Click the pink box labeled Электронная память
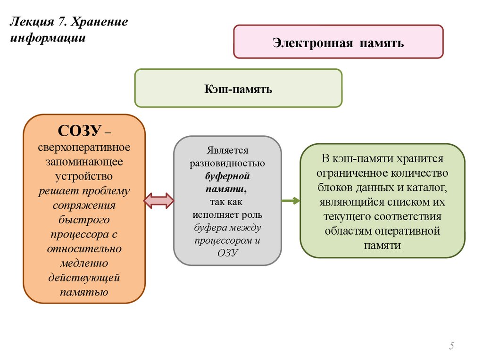(338, 42)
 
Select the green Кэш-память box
(238, 88)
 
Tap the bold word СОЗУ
(77, 131)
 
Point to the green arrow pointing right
(291, 201)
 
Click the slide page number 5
(451, 346)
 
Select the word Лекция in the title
(32, 23)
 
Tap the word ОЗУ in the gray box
(227, 253)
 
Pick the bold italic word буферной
(227, 176)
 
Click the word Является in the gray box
(227, 151)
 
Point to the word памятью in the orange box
(84, 292)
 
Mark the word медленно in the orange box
(84, 263)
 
